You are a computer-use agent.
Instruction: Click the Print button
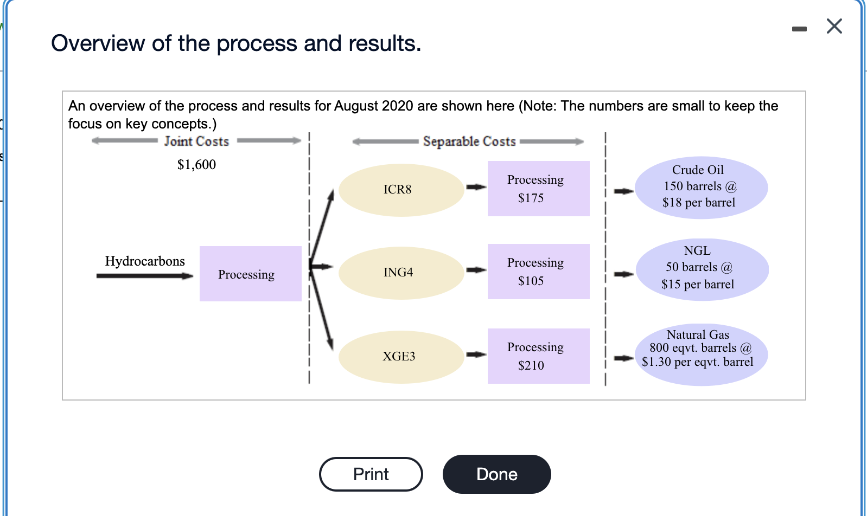coord(371,474)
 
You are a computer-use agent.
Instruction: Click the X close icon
coord(834,27)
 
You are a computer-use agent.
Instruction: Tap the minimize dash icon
coord(799,29)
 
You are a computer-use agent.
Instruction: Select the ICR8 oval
coord(401,190)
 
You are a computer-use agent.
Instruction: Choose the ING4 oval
coord(401,273)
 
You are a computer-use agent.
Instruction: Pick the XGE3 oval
coord(401,357)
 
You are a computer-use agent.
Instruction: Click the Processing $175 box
coord(538,189)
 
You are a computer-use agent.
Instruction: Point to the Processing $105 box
coord(538,271)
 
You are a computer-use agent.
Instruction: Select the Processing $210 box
coord(538,356)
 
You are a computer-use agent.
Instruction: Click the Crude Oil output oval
coord(702,187)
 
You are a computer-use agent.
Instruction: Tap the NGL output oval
coord(702,269)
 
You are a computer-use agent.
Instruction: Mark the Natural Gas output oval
coord(702,354)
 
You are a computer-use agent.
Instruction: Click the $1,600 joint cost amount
coord(196,164)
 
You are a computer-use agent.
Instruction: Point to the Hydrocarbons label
coord(145,261)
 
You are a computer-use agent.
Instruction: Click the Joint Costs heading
coord(196,141)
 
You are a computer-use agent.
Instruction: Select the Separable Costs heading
coord(469,141)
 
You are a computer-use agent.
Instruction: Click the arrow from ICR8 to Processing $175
coord(476,187)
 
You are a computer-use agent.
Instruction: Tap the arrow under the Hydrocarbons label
coord(145,276)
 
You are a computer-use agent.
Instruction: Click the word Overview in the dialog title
coord(98,43)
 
